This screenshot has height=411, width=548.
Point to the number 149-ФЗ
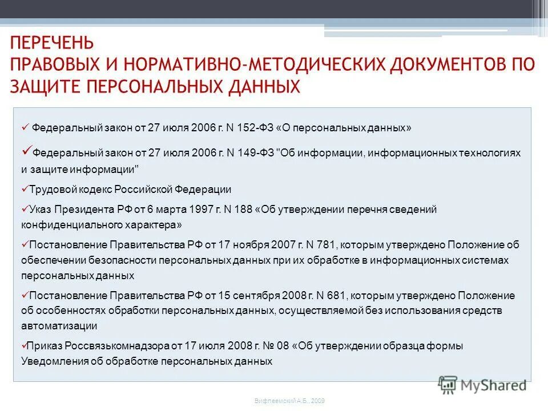[x=255, y=154]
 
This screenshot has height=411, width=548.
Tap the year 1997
[x=200, y=209]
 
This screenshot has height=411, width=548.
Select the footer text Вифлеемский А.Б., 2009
[x=289, y=401]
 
